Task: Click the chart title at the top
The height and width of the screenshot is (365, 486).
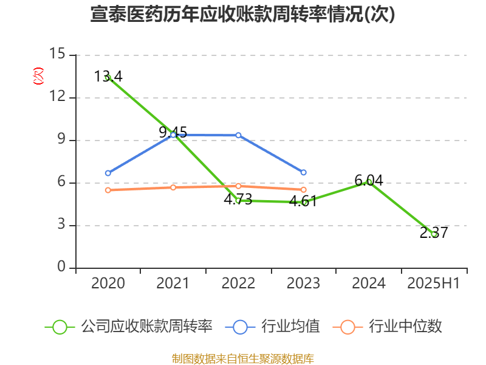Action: coord(242,15)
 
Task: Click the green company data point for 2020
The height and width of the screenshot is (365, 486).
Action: coord(108,78)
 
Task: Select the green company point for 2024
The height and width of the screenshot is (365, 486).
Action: coord(369,182)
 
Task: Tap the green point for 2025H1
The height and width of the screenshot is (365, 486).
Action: coord(434,234)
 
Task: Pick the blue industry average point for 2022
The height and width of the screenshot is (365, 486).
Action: coord(238,135)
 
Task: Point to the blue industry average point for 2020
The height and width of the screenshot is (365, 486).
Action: coord(108,173)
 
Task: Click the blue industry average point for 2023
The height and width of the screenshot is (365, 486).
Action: coord(304,172)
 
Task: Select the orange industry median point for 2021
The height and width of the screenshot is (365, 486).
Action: coord(173,187)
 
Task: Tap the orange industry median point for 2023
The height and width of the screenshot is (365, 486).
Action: coord(304,190)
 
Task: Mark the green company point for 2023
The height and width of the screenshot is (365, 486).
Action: coord(304,202)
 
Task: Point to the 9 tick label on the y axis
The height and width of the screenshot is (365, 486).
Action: coord(61,140)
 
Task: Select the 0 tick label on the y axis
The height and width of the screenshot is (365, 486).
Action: coord(61,268)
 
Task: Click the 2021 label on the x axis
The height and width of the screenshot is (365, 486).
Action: coord(173,283)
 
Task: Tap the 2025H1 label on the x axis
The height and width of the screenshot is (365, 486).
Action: coord(433,283)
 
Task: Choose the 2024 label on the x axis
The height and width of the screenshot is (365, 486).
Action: coord(368,283)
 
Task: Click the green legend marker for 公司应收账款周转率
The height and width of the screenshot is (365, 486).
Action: coord(60,327)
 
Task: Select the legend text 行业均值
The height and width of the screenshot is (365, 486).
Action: coord(290,327)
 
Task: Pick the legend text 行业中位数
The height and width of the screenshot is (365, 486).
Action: coord(405,327)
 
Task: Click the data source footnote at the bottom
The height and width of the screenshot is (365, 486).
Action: coord(242,358)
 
